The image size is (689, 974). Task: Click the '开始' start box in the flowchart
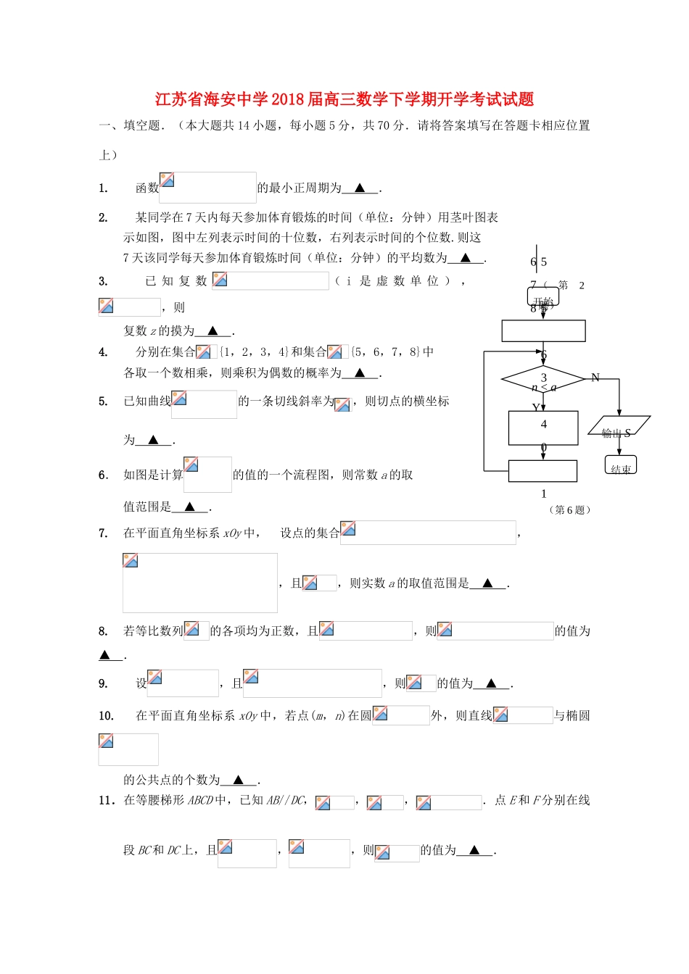click(x=543, y=296)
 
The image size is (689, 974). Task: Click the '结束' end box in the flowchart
click(x=620, y=465)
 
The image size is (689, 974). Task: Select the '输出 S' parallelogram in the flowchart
click(x=619, y=426)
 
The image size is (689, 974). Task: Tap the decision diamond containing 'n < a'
click(x=543, y=380)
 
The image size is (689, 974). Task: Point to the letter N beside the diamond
click(x=595, y=378)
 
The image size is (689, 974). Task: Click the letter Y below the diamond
click(x=535, y=408)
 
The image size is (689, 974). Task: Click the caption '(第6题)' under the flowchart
click(x=570, y=510)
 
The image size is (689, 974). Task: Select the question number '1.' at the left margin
click(x=103, y=188)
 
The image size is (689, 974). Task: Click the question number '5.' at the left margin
click(x=103, y=401)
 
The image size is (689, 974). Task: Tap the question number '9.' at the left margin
click(x=103, y=683)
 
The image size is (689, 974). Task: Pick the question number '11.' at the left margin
click(x=106, y=800)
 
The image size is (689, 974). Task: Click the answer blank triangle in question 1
click(x=360, y=188)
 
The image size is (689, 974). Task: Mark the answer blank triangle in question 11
click(x=475, y=850)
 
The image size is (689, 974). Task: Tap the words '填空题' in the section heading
click(x=142, y=125)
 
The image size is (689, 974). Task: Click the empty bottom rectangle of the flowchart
click(x=542, y=471)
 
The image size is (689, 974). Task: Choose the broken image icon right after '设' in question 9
click(x=154, y=678)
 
